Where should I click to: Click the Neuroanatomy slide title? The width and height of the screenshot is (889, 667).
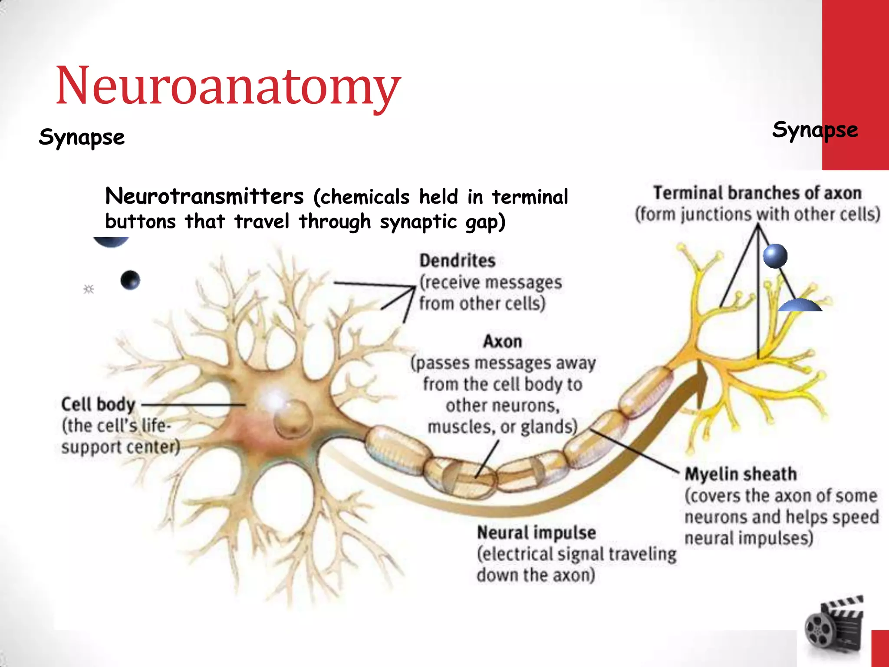[228, 86]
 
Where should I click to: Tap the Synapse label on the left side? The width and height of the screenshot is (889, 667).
[82, 138]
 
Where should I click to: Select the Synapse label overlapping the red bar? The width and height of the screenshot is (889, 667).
[815, 130]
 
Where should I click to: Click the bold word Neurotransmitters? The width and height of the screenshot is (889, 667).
[204, 196]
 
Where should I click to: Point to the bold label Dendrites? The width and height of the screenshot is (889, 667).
[457, 261]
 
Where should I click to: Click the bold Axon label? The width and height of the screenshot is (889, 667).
[502, 341]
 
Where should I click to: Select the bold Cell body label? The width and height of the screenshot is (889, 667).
[98, 404]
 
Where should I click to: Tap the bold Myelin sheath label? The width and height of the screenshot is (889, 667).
[741, 474]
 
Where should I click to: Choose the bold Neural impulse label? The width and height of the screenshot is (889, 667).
[536, 532]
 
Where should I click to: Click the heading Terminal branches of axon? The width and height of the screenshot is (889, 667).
[757, 193]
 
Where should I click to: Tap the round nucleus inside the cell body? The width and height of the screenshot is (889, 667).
[293, 419]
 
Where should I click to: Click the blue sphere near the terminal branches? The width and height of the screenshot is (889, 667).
[775, 256]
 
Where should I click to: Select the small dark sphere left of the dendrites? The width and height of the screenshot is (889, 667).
[130, 280]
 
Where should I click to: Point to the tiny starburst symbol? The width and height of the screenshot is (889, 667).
[89, 289]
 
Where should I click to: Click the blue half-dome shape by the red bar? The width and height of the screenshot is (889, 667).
[800, 305]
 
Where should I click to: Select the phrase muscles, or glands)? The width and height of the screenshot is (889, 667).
[502, 426]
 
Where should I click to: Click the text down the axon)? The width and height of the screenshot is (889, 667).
[536, 575]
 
